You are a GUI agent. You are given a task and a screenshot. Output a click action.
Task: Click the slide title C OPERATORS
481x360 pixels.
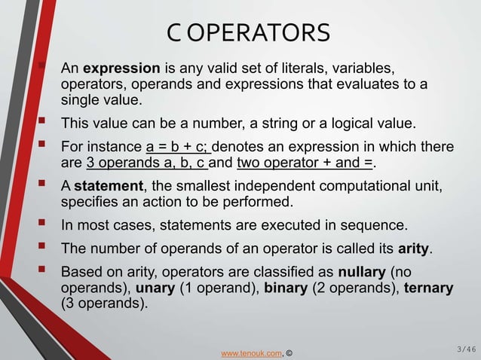coord(249,33)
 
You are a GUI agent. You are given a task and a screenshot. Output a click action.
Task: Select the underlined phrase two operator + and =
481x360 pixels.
coord(305,162)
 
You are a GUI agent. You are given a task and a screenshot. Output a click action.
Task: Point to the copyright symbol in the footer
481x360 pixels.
coord(290,352)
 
